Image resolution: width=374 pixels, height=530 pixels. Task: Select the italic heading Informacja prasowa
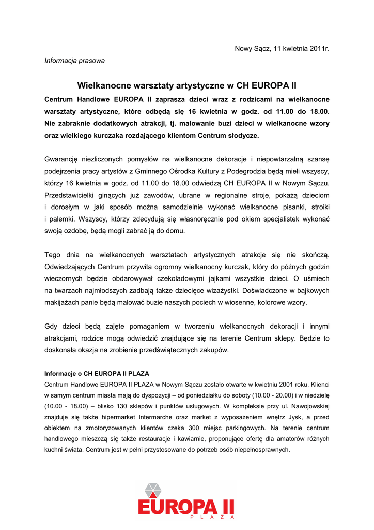[x=74, y=61]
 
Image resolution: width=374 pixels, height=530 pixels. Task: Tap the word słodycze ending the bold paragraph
[x=242, y=136]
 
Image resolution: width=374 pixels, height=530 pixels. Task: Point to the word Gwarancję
[x=63, y=159]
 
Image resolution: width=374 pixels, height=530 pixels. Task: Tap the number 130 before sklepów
[x=138, y=406]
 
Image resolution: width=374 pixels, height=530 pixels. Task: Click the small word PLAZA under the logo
[x=212, y=517]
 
